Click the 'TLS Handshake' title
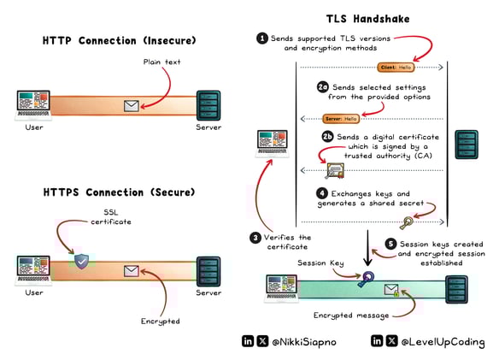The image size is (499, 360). pos(367,19)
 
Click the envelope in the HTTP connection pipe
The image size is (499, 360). pos(131,106)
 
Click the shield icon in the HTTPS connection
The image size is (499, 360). pos(80,262)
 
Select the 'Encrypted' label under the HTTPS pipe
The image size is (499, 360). pos(160,321)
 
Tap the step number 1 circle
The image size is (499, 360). pos(262,38)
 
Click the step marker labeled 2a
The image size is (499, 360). pos(323,87)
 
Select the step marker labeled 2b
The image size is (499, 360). pos(327,137)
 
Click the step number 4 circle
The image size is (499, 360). pos(321,193)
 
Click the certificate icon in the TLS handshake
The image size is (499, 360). pos(327,168)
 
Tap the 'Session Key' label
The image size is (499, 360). pos(319,263)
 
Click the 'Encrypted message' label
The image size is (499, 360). pos(349,315)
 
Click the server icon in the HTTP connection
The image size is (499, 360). pos(208,105)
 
